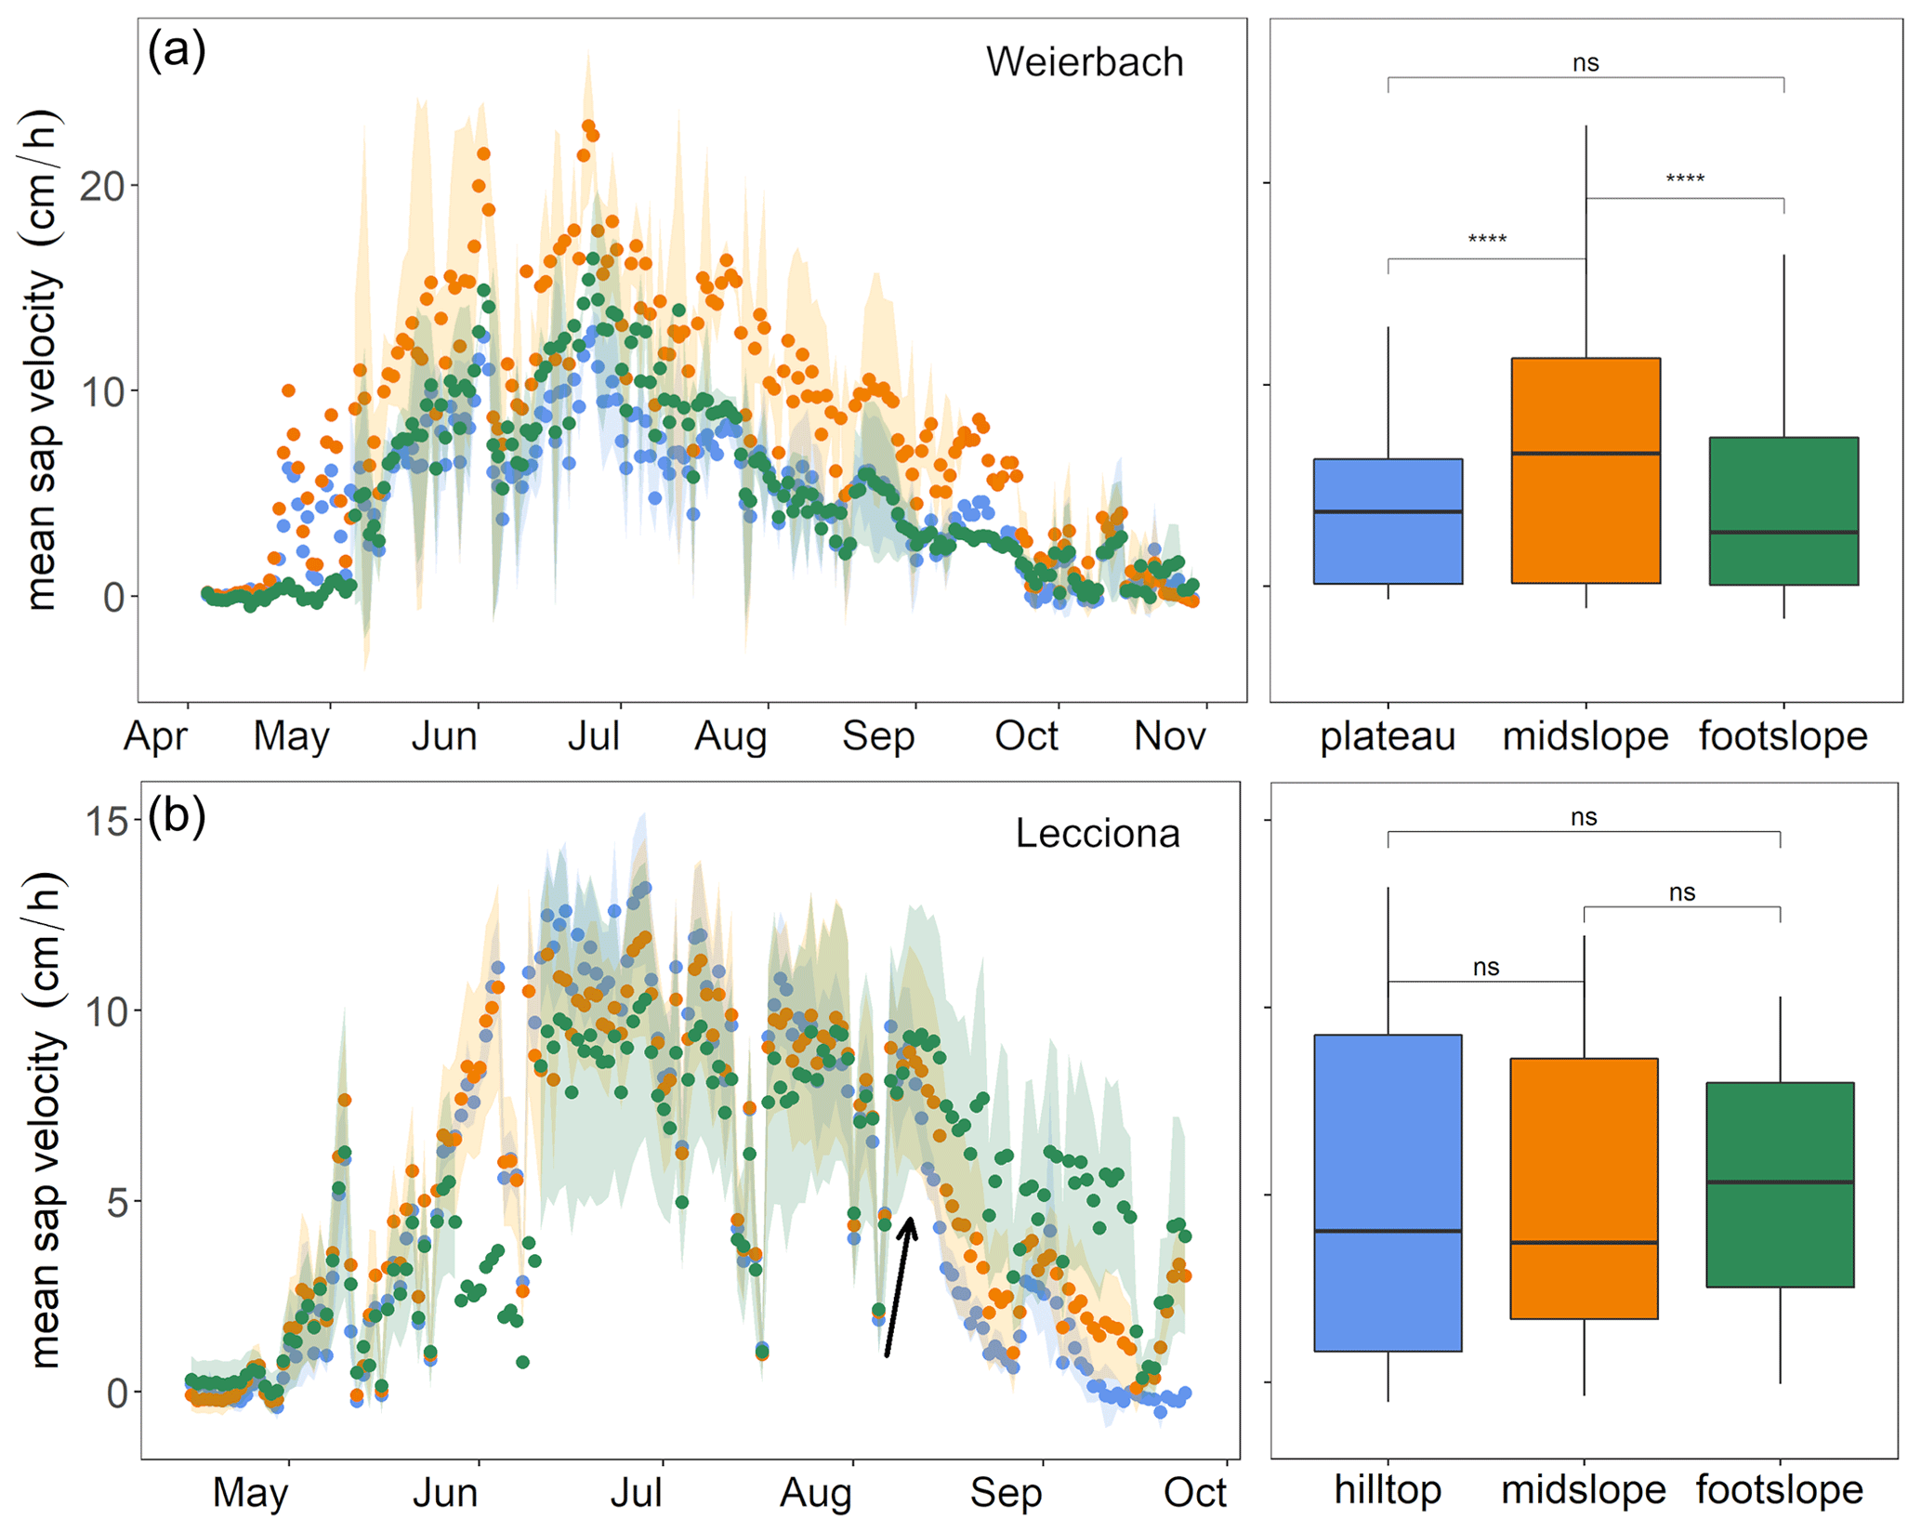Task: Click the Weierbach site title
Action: point(1084,63)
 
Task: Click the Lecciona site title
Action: point(1097,833)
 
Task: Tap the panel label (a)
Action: point(177,50)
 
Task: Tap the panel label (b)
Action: point(177,816)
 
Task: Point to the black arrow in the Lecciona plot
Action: point(899,1288)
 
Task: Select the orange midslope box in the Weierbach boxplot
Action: point(1585,470)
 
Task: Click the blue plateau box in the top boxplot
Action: point(1388,521)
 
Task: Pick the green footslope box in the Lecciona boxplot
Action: point(1779,1183)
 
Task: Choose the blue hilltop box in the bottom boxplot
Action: point(1388,1192)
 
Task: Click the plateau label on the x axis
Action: point(1388,736)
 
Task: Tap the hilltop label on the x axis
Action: point(1388,1489)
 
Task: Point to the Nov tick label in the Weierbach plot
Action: point(1169,736)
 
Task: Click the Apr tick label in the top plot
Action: point(155,736)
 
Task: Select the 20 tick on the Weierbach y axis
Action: point(102,187)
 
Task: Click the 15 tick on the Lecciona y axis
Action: point(104,822)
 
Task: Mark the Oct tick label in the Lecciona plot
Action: point(1195,1493)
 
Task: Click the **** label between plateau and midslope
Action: point(1487,240)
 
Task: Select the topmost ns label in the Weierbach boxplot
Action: point(1585,63)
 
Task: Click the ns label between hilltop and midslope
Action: point(1486,968)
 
